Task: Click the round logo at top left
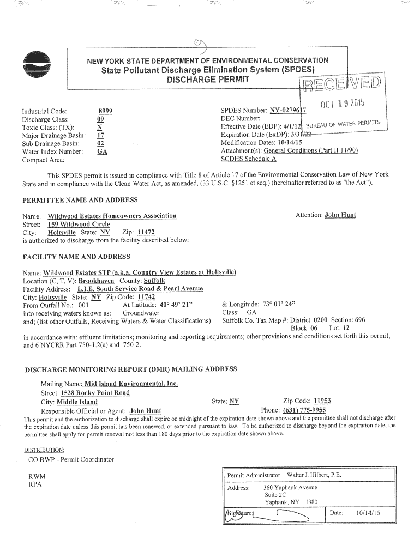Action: [36, 67]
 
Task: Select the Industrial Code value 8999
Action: [104, 111]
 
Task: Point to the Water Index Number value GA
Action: [101, 152]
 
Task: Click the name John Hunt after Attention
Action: [340, 215]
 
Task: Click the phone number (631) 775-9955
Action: [304, 410]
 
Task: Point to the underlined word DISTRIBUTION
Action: [44, 450]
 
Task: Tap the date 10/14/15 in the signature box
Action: [368, 513]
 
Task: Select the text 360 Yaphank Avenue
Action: [290, 487]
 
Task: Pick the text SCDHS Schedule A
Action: [248, 159]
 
